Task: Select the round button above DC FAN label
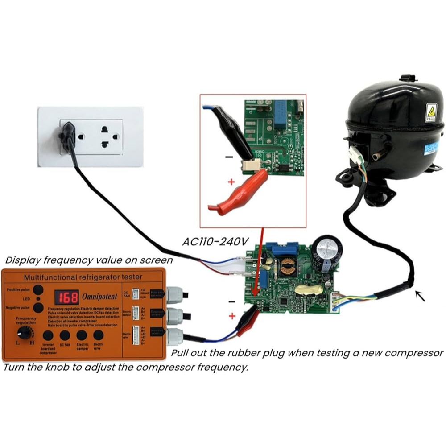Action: point(65,335)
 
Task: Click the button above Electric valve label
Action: point(98,335)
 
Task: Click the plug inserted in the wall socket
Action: point(67,134)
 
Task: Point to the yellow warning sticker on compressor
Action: point(431,111)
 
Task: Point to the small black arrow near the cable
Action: point(420,296)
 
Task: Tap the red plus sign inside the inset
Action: point(231,182)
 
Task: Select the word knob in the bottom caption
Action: point(54,368)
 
